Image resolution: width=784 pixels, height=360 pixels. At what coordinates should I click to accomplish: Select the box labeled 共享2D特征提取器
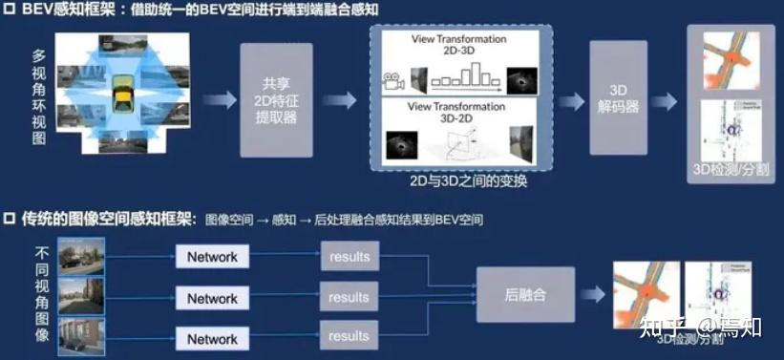[x=277, y=99]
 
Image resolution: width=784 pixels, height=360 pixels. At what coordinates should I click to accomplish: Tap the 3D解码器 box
[x=625, y=97]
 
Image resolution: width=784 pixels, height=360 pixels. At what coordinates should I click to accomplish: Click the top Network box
[x=212, y=257]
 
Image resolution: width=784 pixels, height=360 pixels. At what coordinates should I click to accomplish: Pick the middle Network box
[x=212, y=298]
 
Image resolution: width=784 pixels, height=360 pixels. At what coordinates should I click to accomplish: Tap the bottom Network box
[x=212, y=339]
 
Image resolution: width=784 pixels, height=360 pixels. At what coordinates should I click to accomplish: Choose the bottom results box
[x=349, y=336]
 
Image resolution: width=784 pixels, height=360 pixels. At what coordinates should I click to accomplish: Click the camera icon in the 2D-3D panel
[x=391, y=81]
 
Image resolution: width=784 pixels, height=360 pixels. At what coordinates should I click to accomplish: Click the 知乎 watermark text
[x=660, y=328]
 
